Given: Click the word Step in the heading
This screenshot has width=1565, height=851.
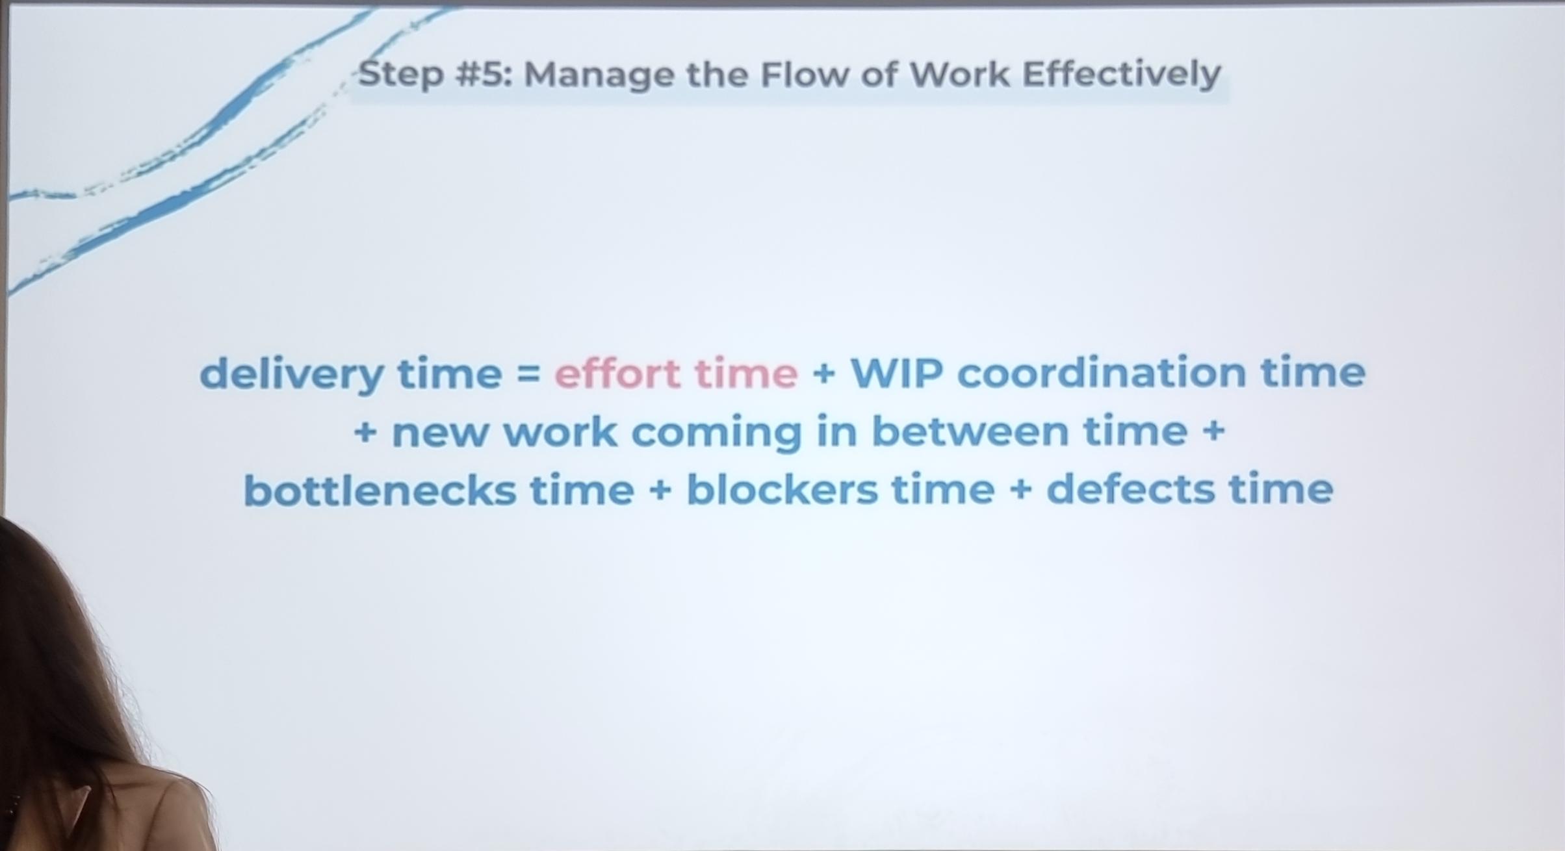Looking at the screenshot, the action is (x=401, y=75).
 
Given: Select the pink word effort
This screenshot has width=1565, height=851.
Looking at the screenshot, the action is (x=617, y=373).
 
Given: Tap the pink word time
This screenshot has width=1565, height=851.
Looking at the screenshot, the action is (x=746, y=374).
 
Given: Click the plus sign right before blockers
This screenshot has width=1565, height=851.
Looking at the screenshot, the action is (x=660, y=490).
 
